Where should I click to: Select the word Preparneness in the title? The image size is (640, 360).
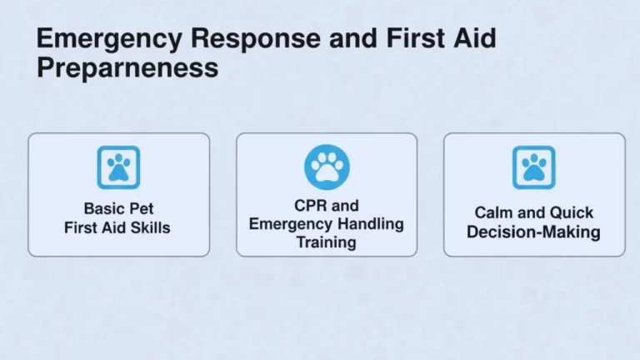tap(127, 67)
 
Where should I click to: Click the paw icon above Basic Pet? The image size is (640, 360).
tap(118, 167)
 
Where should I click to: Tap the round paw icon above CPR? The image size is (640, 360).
tap(327, 167)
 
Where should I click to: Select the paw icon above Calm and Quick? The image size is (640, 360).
tap(533, 167)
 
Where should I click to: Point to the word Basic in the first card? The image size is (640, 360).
tap(104, 208)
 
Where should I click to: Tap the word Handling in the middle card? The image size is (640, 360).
tap(369, 224)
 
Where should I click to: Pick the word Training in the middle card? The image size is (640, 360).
tap(327, 242)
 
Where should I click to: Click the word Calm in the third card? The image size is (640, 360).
tap(494, 213)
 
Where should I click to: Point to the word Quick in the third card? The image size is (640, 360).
tap(572, 213)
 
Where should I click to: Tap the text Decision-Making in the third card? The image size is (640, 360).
tap(533, 232)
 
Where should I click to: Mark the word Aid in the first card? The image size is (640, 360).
tap(117, 227)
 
